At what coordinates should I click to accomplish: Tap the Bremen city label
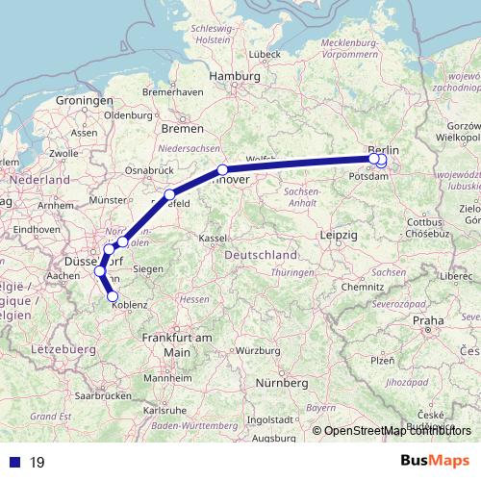coord(182,128)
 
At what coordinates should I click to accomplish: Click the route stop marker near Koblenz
coord(113,296)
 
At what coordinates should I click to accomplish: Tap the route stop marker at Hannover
coord(222,170)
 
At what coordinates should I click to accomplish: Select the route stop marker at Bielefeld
coord(170,195)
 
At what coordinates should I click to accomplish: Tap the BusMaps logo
coord(436,461)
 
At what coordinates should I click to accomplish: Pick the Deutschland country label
coord(260,256)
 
